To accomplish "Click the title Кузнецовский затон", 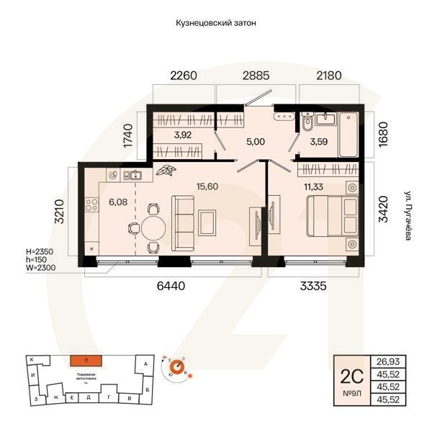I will [216, 23].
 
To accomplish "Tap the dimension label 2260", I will [184, 75].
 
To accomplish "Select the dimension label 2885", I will [256, 75].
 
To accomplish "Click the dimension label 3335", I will [313, 286].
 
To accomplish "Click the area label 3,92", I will [183, 134].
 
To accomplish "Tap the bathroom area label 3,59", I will [318, 142].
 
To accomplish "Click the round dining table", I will [152, 229].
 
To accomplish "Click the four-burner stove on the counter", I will [92, 204].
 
